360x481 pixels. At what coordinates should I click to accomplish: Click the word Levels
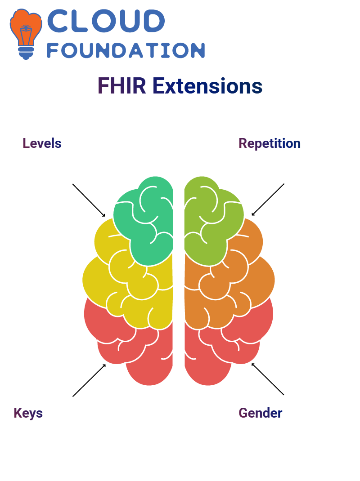42,143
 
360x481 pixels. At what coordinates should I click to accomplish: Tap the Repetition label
270,143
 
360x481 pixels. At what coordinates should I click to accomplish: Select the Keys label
28,413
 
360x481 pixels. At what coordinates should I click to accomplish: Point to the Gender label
261,413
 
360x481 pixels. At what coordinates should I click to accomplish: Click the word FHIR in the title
121,86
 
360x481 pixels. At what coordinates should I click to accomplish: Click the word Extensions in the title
207,86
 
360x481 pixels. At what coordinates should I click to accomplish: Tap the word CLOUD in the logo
106,21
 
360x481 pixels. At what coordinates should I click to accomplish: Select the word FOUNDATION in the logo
126,50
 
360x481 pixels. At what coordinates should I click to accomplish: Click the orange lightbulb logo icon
26,34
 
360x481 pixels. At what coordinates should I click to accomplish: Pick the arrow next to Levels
89,200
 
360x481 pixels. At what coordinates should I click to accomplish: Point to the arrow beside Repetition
268,200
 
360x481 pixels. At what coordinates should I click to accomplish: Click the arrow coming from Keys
89,380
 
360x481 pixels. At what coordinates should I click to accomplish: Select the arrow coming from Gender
268,379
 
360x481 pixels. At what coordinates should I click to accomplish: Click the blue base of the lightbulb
26,53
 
